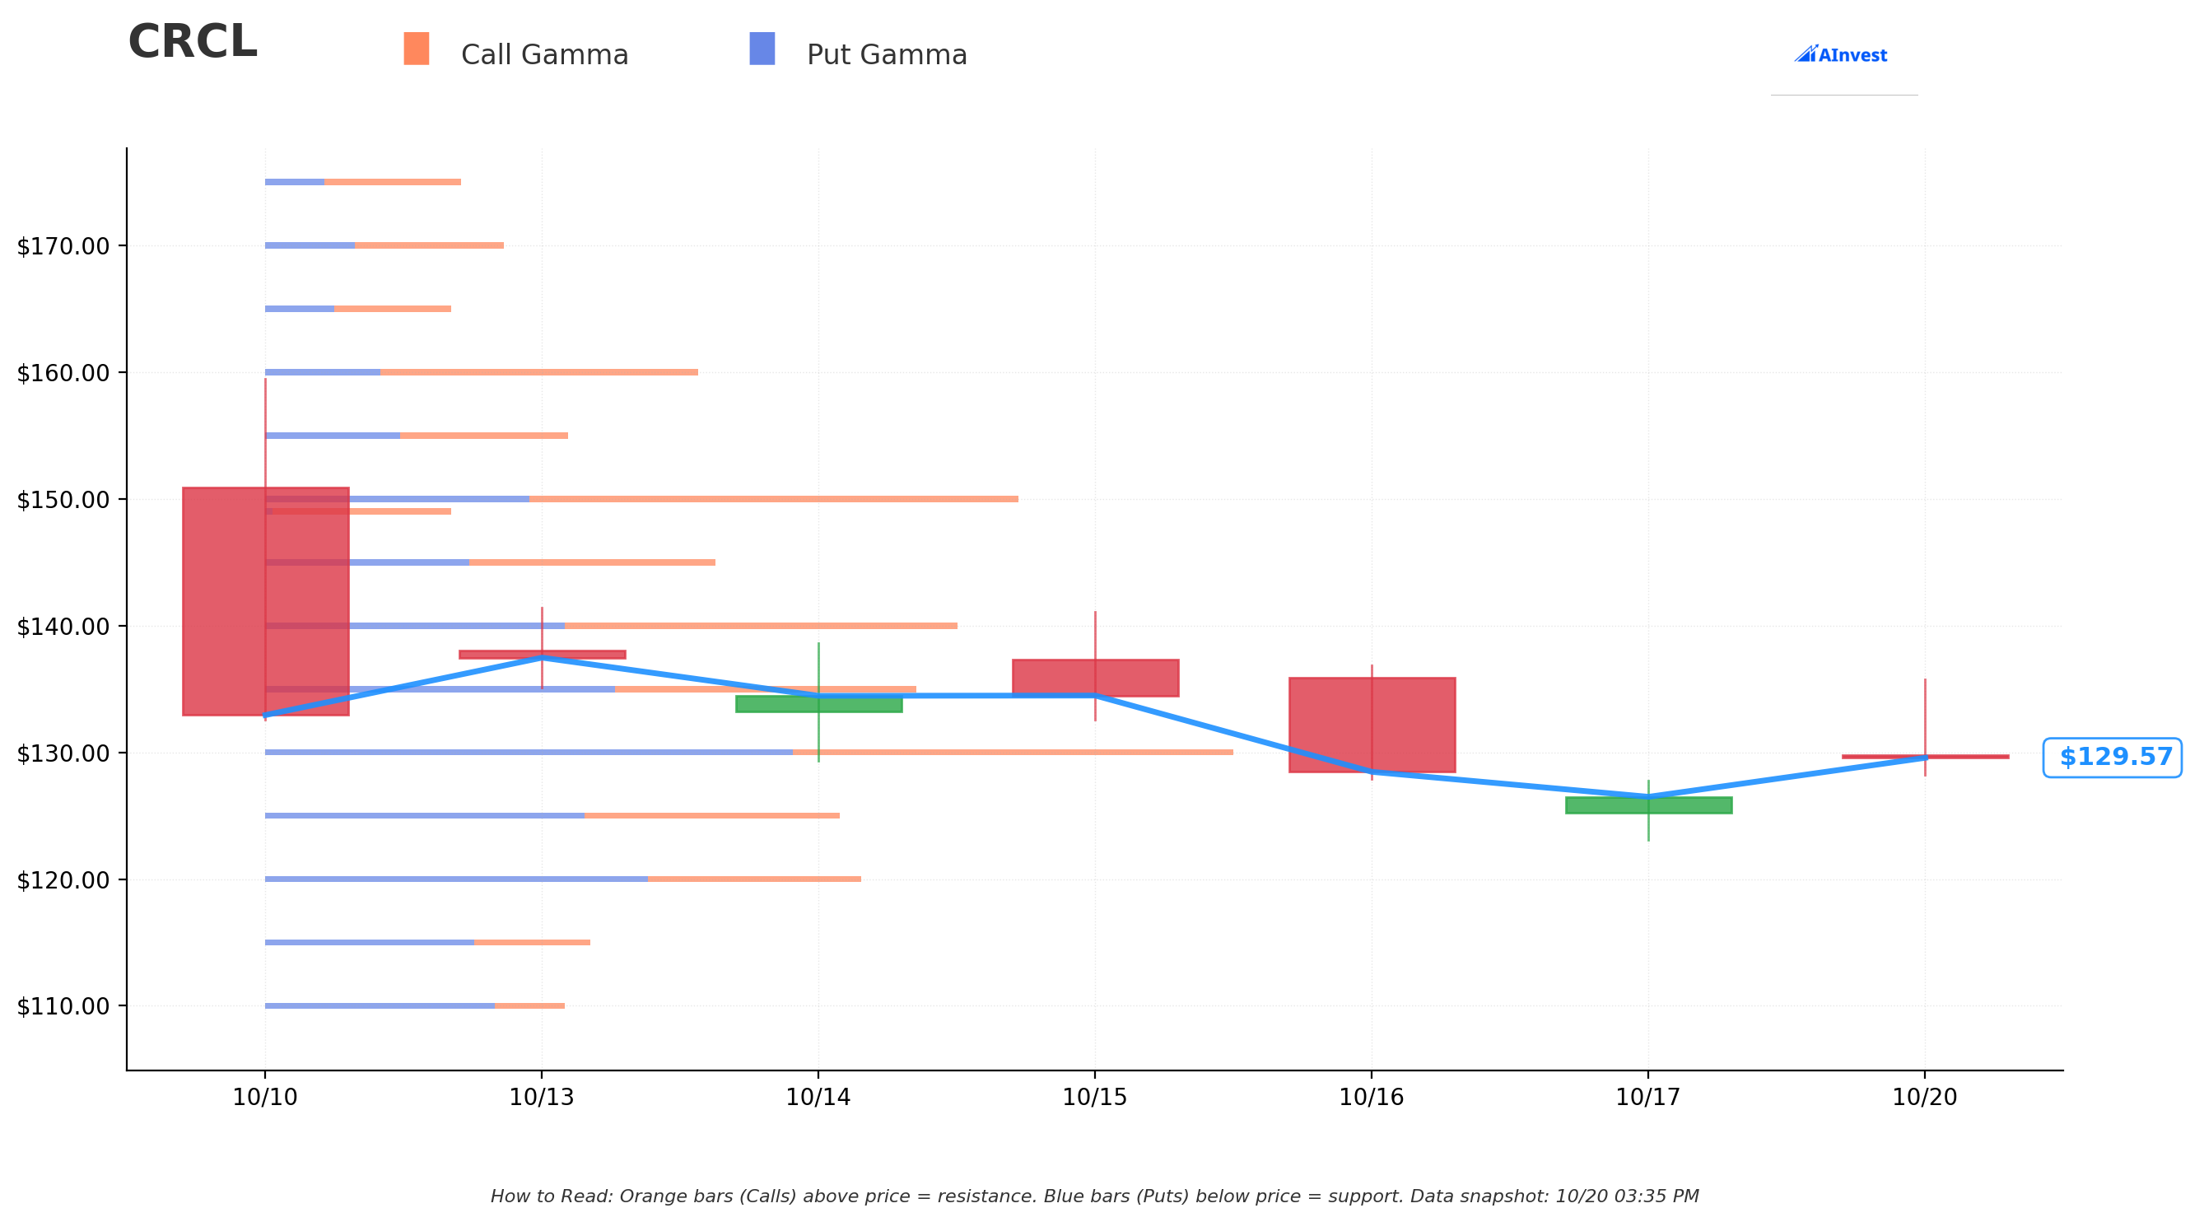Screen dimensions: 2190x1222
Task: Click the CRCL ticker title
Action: pos(192,43)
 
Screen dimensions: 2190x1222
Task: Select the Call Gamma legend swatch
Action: pos(417,49)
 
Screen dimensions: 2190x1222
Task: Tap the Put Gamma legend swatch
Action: pos(762,49)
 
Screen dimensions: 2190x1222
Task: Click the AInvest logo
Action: pos(1841,54)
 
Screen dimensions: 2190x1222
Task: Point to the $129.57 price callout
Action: pos(2113,757)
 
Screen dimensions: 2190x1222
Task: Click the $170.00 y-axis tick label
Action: pos(63,246)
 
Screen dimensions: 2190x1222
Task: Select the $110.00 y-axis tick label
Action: pos(63,1006)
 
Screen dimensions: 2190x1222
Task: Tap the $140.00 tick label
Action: pos(63,627)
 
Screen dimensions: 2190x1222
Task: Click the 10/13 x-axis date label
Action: pos(542,1097)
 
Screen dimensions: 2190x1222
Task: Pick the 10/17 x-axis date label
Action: pos(1648,1097)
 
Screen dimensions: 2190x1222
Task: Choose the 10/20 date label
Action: pos(1925,1097)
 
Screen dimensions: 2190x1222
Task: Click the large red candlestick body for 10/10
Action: pos(266,601)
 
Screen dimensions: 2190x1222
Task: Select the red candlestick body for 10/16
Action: pos(1372,725)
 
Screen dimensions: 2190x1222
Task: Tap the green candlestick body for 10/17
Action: pos(1648,805)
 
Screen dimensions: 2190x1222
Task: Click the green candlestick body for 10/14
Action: pos(818,704)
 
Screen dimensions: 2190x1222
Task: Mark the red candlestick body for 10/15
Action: pos(1096,678)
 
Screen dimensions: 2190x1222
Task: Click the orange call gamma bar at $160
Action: pos(539,372)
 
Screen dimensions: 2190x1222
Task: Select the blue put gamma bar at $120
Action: pos(457,879)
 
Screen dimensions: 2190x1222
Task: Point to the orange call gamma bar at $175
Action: pos(393,182)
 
